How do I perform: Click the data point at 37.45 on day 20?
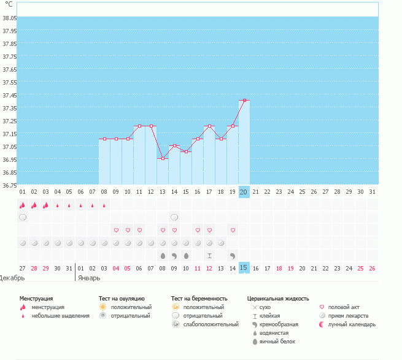(x=244, y=100)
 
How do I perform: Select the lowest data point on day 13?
(x=163, y=159)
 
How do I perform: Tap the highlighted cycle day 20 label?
(x=244, y=192)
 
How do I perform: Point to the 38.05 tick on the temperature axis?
(x=9, y=18)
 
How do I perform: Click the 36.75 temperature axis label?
(x=9, y=185)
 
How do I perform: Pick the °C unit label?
(x=9, y=4)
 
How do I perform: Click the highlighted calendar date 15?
(x=244, y=268)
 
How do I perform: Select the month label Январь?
(x=89, y=278)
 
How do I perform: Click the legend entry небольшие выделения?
(x=60, y=316)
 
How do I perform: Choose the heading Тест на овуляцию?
(x=124, y=299)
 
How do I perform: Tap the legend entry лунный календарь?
(x=352, y=324)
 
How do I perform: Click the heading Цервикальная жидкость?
(x=277, y=299)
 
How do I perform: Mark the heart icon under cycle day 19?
(x=233, y=231)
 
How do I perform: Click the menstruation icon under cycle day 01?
(x=23, y=205)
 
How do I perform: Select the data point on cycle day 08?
(x=104, y=139)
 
